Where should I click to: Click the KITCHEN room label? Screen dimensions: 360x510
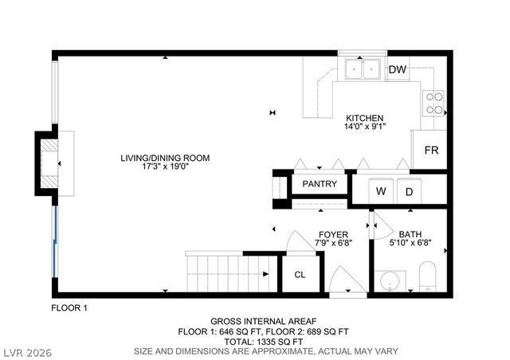click(x=364, y=117)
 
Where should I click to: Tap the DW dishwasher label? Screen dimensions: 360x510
click(x=398, y=70)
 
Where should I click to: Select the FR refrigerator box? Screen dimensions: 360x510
click(x=431, y=150)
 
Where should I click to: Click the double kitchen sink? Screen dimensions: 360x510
click(x=362, y=70)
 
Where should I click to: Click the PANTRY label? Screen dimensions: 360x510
click(x=320, y=184)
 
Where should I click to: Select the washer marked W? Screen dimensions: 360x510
click(x=381, y=191)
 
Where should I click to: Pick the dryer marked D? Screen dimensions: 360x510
click(x=409, y=191)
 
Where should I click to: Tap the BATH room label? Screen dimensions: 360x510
click(x=410, y=234)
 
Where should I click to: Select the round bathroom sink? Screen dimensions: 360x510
click(x=390, y=281)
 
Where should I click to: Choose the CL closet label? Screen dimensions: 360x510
click(x=300, y=275)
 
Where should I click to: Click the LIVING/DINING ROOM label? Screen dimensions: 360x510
click(x=164, y=158)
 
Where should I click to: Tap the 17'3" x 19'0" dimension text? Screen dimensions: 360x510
click(x=164, y=168)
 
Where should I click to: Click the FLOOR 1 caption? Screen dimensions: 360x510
click(x=69, y=307)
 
